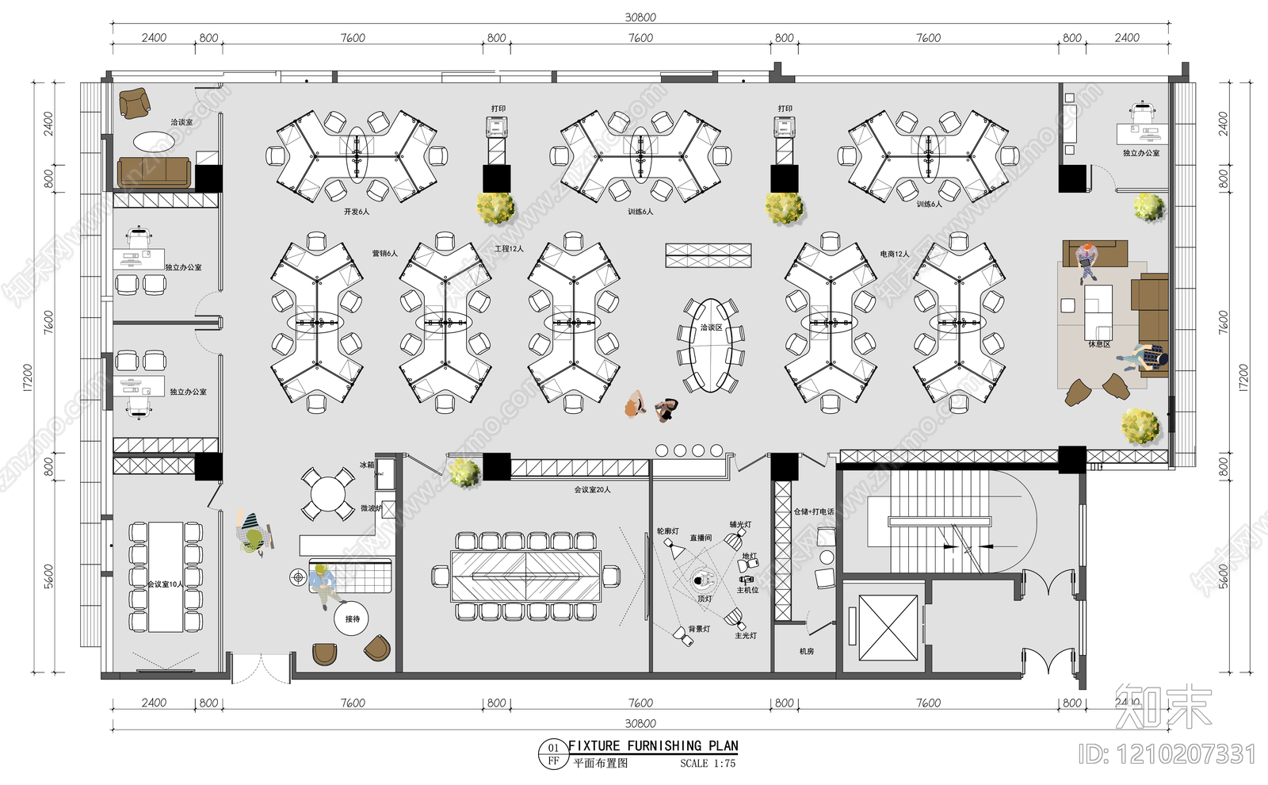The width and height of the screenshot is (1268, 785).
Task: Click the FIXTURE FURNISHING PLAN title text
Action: pos(653,745)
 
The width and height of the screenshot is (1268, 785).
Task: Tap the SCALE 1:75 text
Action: pos(707,764)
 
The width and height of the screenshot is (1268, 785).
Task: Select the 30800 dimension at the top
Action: pos(640,17)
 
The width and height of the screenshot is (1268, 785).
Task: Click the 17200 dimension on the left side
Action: pos(28,377)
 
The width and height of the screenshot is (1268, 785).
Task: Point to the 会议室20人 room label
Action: pos(592,489)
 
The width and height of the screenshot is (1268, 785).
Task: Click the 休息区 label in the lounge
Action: pos(1098,344)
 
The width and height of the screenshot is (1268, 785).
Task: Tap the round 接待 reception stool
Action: pos(352,618)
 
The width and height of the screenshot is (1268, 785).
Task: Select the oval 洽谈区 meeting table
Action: pos(711,345)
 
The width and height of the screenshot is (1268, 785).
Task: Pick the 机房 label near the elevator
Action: pos(806,651)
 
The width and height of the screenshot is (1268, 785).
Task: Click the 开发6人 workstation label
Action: pos(356,212)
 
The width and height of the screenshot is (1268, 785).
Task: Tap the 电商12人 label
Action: pos(894,254)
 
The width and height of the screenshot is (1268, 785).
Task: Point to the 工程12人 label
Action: pos(509,248)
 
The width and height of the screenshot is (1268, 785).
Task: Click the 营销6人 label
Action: pos(384,253)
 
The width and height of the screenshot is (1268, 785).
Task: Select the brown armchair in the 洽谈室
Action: pos(135,102)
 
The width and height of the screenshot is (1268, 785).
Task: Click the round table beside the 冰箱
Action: pos(327,494)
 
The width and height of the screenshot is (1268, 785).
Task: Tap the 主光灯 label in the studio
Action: pos(745,635)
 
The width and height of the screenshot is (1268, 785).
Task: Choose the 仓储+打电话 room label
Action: pos(813,511)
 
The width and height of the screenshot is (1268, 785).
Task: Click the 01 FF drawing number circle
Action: pos(553,754)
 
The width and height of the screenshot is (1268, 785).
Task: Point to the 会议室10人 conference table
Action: pos(166,576)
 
